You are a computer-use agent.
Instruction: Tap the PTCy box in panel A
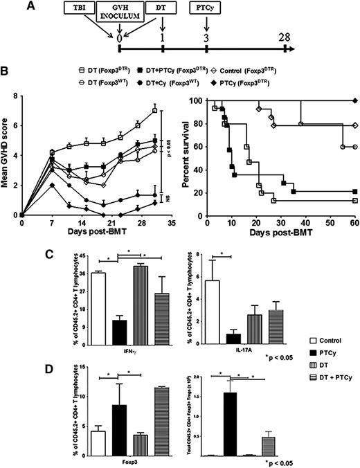[x=206, y=9]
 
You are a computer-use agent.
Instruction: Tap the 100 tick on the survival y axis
[x=198, y=101]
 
